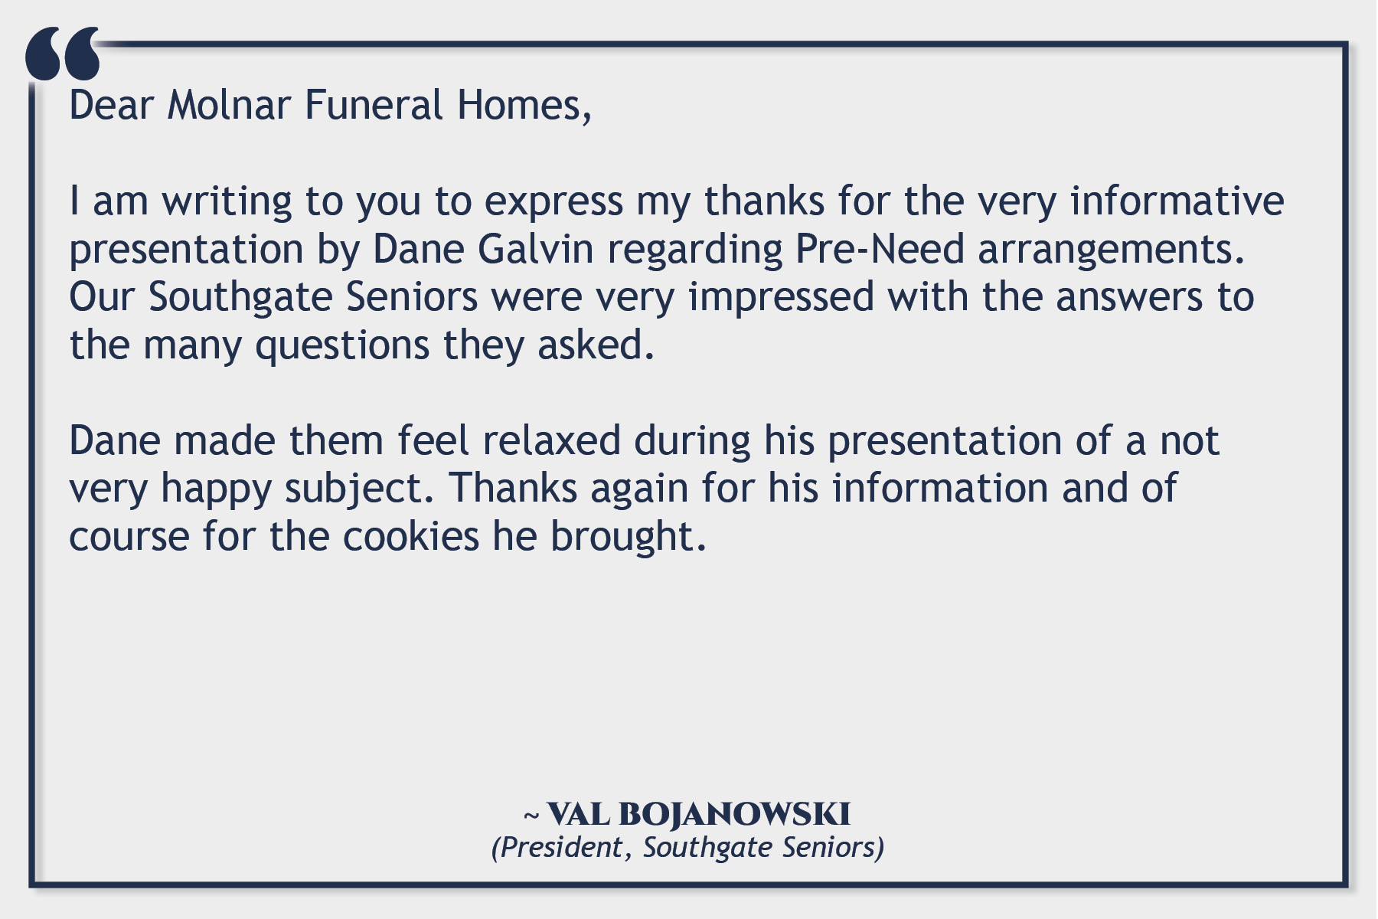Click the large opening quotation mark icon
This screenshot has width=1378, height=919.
click(x=63, y=54)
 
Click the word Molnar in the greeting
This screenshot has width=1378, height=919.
click(x=228, y=105)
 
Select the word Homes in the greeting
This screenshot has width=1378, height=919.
click(x=521, y=106)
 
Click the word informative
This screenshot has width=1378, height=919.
click(x=1177, y=201)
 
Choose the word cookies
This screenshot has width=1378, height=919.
click(x=410, y=536)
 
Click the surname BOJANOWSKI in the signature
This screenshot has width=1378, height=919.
click(x=734, y=814)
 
